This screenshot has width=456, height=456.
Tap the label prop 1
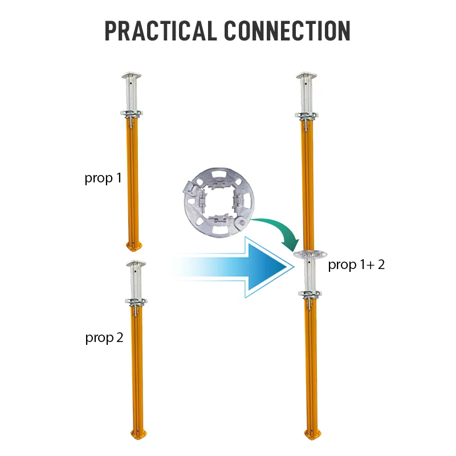pos(103,178)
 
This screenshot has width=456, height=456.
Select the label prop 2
pos(104,337)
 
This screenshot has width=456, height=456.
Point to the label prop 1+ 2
pos(356,265)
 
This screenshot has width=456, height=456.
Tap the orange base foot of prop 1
pos(135,246)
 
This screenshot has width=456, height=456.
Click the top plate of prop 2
pos(135,263)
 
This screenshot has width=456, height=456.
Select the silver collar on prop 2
pos(136,301)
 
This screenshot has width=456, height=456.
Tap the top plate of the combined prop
pos(308,76)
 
